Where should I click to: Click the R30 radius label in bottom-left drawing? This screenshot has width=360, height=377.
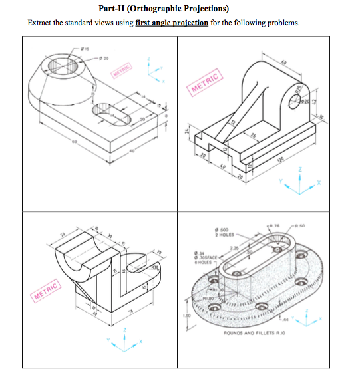(156, 267)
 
